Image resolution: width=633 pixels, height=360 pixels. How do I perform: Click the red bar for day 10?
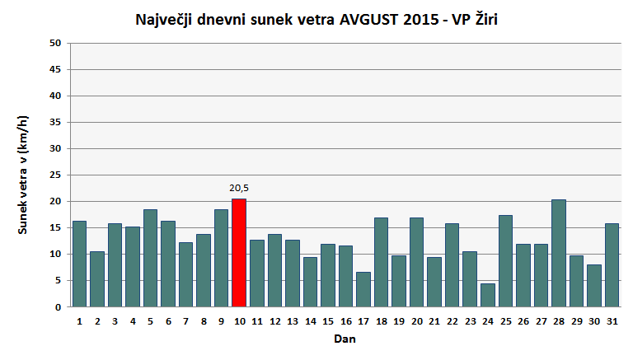[239, 253]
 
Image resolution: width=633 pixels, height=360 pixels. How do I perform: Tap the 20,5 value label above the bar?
[239, 188]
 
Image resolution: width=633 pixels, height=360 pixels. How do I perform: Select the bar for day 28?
[558, 253]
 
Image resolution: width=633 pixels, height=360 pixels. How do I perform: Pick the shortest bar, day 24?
[487, 295]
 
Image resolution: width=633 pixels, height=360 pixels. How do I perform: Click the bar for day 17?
[363, 289]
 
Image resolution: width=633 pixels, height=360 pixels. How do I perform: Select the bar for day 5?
[150, 258]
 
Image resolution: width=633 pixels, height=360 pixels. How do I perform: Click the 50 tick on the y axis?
[56, 43]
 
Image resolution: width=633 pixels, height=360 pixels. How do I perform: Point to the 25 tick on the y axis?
[56, 175]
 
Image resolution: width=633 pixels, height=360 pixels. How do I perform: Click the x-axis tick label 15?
[327, 321]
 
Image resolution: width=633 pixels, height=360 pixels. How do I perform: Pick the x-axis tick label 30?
[593, 321]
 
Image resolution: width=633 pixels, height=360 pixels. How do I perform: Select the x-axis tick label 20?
[416, 321]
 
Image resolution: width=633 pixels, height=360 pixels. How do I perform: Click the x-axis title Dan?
[345, 339]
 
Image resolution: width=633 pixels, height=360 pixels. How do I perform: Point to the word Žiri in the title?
[481, 20]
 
